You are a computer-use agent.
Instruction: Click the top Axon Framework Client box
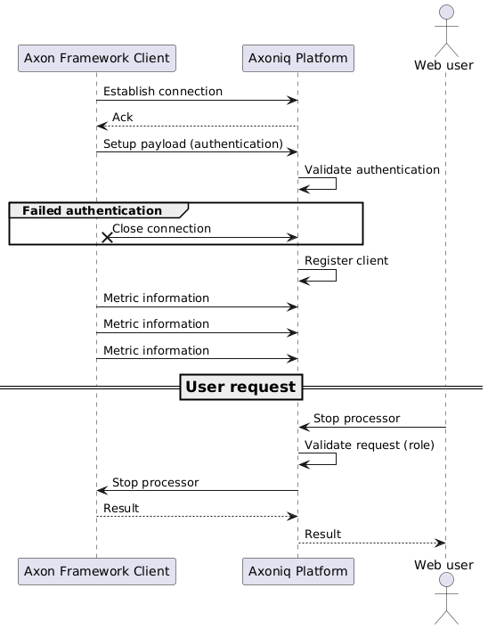[x=96, y=59]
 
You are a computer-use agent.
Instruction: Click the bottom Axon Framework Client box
[x=96, y=571]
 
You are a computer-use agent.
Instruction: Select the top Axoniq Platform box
[x=298, y=59]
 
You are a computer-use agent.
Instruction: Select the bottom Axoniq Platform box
[x=298, y=571]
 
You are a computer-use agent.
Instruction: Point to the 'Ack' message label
[x=123, y=118]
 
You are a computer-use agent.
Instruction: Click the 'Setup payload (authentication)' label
[x=193, y=143]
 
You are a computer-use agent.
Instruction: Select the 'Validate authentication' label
[x=372, y=169]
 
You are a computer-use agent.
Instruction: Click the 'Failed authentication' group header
[x=93, y=210]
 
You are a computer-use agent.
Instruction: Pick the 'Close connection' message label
[x=161, y=229]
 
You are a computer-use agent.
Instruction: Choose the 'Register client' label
[x=346, y=260]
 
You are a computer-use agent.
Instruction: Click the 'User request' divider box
[x=241, y=388]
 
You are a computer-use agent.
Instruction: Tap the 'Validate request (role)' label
[x=370, y=444]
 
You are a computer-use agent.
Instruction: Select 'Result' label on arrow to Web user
[x=322, y=534]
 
